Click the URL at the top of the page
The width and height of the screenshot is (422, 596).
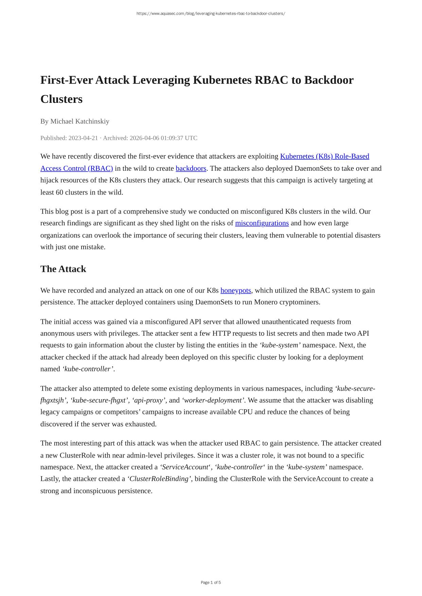pyautogui.click(x=211, y=14)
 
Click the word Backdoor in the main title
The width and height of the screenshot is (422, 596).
pyautogui.click(x=329, y=80)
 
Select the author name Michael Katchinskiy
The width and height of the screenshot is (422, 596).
pyautogui.click(x=80, y=121)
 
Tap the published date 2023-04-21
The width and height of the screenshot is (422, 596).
pyautogui.click(x=83, y=138)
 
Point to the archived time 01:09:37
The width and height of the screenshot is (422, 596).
pyautogui.click(x=172, y=138)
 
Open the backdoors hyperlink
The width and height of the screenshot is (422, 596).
pyautogui.click(x=191, y=168)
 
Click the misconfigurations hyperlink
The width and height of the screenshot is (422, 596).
pyautogui.click(x=262, y=223)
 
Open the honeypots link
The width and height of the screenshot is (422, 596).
pyautogui.click(x=236, y=290)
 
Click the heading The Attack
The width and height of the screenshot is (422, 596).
pyautogui.click(x=63, y=269)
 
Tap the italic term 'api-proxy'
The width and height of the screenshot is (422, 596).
pyautogui.click(x=149, y=400)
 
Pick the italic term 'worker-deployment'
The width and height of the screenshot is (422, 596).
pyautogui.click(x=213, y=400)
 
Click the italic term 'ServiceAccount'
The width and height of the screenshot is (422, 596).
pyautogui.click(x=185, y=467)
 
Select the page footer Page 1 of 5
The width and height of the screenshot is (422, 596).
pyautogui.click(x=211, y=582)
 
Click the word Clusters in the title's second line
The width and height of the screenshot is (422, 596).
pyautogui.click(x=61, y=99)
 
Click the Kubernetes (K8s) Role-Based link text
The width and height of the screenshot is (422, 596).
pyautogui.click(x=324, y=156)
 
